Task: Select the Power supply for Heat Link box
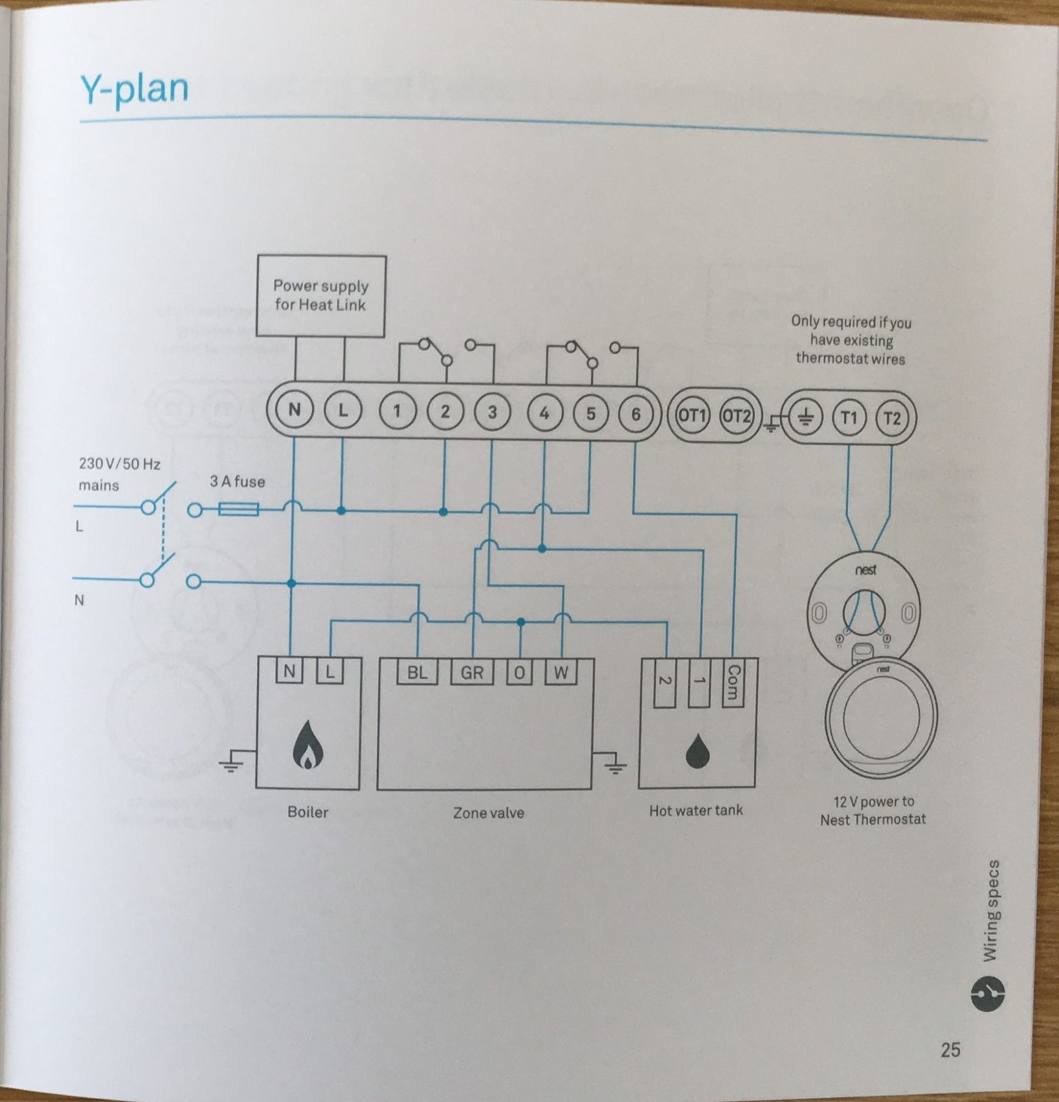[x=321, y=296]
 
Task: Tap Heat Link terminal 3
[x=492, y=412]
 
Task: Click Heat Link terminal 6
[x=635, y=414]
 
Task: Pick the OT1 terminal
[x=692, y=415]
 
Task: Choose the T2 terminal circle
[x=892, y=418]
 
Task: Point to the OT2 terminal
[x=736, y=416]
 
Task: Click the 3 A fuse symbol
[x=238, y=510]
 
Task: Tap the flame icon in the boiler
[x=307, y=749]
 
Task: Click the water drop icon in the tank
[x=698, y=752]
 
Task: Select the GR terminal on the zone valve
[x=472, y=672]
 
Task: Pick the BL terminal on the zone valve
[x=417, y=672]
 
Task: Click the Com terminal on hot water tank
[x=733, y=683]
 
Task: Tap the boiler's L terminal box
[x=330, y=672]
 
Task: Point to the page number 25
[x=950, y=1050]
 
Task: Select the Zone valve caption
[x=489, y=813]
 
